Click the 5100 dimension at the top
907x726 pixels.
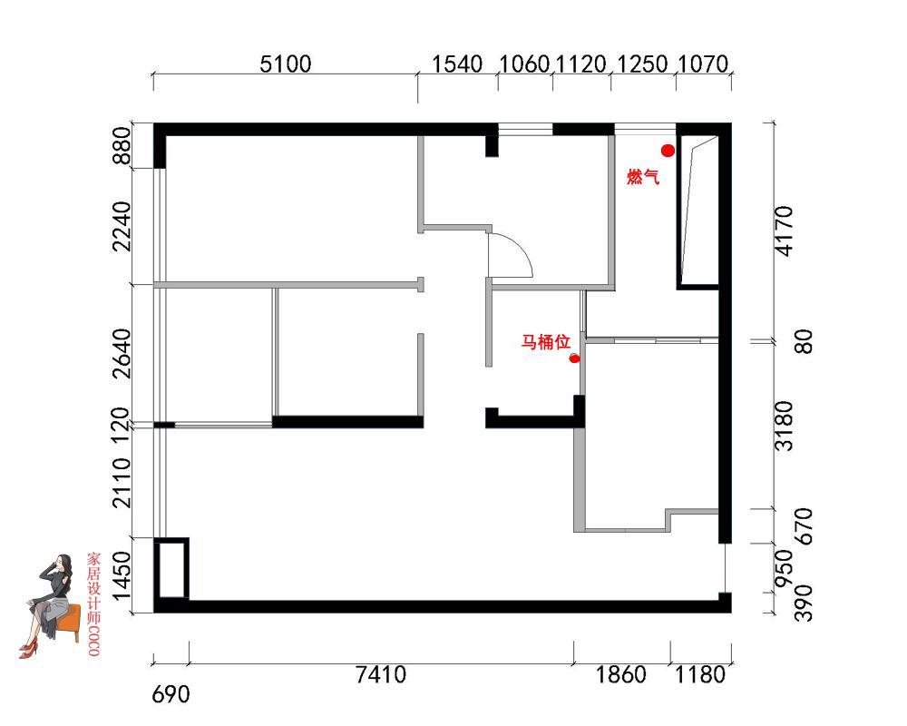pyautogui.click(x=285, y=64)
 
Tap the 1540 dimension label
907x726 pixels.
pyautogui.click(x=457, y=64)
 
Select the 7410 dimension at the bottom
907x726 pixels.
pyautogui.click(x=381, y=674)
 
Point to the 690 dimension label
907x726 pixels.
pyautogui.click(x=171, y=694)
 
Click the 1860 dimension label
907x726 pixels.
pyautogui.click(x=620, y=674)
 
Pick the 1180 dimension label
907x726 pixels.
pyautogui.click(x=700, y=674)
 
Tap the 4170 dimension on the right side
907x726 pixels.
pyautogui.click(x=785, y=231)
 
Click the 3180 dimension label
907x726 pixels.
pyautogui.click(x=785, y=426)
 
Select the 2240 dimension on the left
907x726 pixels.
pyautogui.click(x=122, y=226)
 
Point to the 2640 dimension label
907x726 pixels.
pyautogui.click(x=122, y=354)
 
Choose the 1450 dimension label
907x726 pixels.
pyautogui.click(x=122, y=576)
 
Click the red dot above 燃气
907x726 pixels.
pyautogui.click(x=668, y=151)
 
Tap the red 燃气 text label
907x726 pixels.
pyautogui.click(x=643, y=176)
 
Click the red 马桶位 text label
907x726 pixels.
pyautogui.click(x=545, y=341)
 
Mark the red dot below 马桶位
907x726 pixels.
pyautogui.click(x=574, y=358)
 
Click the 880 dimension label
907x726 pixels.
pyautogui.click(x=122, y=145)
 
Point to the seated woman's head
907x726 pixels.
pyautogui.click(x=63, y=564)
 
